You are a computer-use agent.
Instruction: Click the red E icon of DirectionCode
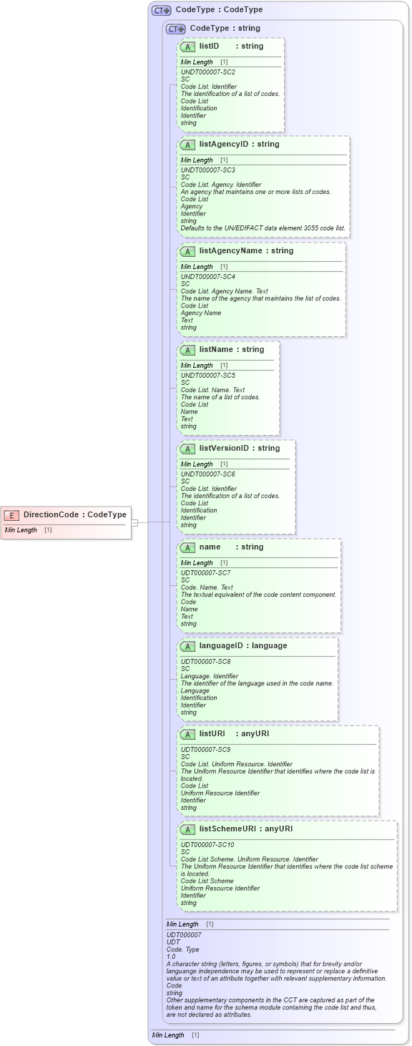click(11, 514)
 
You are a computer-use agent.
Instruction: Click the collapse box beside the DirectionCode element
click(134, 522)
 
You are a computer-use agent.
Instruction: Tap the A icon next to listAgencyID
click(187, 145)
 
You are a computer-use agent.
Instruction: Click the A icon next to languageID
click(187, 646)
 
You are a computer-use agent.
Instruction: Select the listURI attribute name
click(212, 733)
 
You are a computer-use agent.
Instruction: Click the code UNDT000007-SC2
click(207, 72)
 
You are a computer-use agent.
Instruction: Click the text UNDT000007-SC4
click(207, 277)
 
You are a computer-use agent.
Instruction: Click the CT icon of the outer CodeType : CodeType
click(161, 10)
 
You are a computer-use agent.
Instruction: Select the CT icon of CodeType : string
click(175, 29)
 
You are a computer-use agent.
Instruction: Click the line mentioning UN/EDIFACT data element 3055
click(263, 228)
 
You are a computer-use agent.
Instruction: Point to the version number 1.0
click(171, 957)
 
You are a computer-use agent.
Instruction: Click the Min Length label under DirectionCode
click(20, 530)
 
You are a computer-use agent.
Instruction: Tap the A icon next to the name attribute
click(187, 547)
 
